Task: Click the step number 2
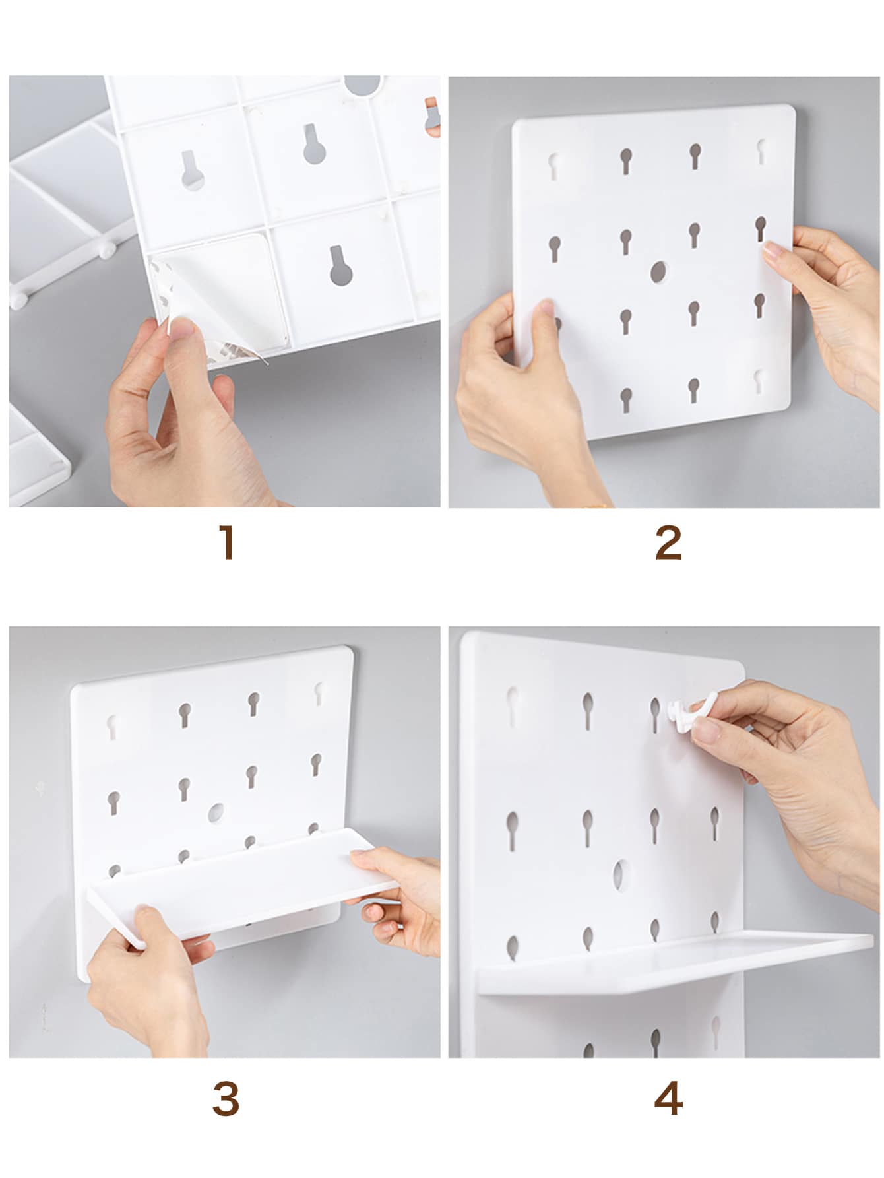[668, 542]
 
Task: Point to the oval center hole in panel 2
[658, 271]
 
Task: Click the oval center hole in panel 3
[216, 812]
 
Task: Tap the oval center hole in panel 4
[621, 874]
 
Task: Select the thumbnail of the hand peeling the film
[180, 326]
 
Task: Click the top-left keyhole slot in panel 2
[553, 166]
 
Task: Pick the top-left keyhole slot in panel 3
[113, 725]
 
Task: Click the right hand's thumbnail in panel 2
[772, 249]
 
